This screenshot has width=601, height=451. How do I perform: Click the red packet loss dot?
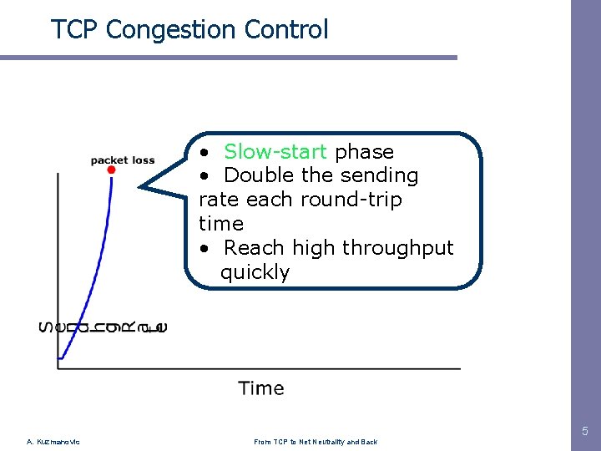point(111,170)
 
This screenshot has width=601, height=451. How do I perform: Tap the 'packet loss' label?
point(122,160)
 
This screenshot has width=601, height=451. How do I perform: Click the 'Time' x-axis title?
point(260,388)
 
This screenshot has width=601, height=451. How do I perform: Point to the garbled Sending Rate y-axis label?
point(103,327)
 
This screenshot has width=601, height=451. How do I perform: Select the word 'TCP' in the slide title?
point(75,30)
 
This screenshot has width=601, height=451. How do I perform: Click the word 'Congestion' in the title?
point(172,30)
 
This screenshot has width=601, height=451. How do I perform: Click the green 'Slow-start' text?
point(275,152)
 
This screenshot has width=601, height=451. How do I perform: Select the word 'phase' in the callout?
point(364,152)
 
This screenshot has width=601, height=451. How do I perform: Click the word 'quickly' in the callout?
point(255,273)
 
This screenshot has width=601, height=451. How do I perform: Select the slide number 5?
point(584,432)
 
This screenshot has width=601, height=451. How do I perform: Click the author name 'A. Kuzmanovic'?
point(53,442)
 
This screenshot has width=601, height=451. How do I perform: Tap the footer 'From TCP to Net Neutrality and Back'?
point(316,442)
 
